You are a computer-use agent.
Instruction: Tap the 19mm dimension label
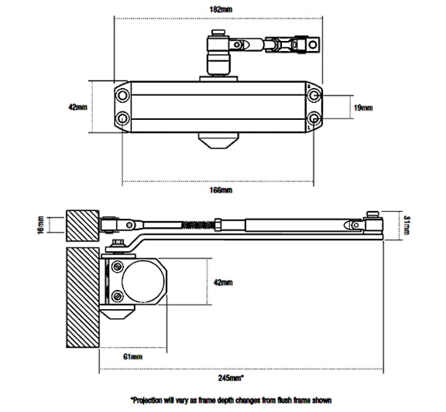click(363, 107)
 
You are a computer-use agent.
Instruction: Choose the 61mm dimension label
click(132, 356)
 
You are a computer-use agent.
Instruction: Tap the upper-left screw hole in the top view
click(123, 94)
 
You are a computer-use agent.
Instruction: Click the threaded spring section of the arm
click(198, 224)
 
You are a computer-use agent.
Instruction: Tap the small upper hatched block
click(83, 225)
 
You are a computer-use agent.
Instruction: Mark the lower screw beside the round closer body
click(117, 295)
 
